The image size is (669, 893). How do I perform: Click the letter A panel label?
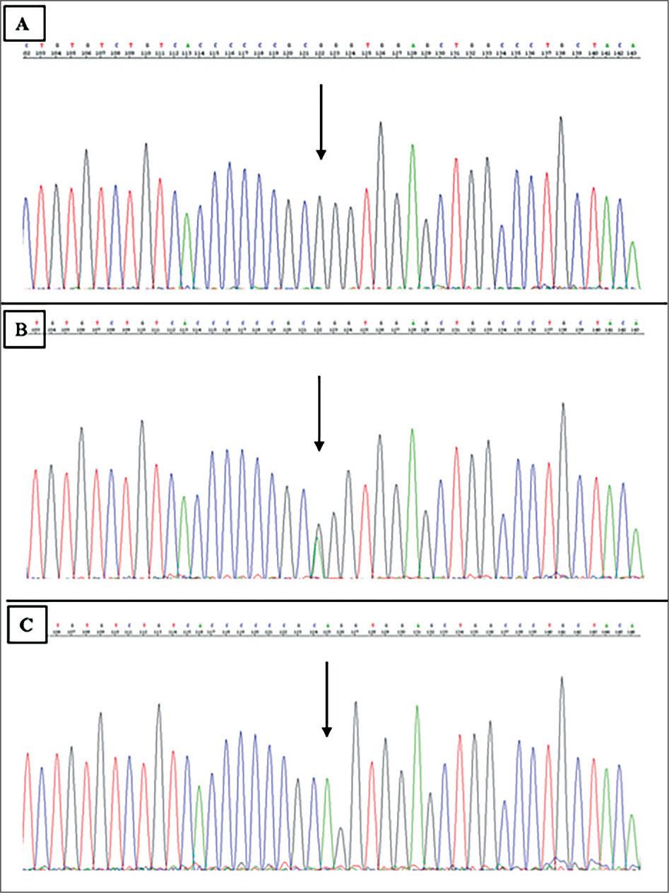coord(24,23)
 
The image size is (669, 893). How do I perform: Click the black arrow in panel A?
coord(321,121)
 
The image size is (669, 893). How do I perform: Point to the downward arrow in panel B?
coord(319,413)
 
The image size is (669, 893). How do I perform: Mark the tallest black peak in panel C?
coord(562,678)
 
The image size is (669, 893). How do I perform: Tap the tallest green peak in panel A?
coord(412,146)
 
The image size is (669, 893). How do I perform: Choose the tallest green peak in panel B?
coord(411,430)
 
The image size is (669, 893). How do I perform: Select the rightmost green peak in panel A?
coord(633,244)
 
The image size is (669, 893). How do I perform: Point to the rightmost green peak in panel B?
coord(636,531)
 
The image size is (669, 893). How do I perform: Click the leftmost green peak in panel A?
coord(187,215)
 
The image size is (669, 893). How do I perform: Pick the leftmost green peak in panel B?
coord(184,498)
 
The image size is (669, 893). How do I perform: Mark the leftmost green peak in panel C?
coord(199,787)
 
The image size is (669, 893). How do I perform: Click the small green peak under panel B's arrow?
coord(318,541)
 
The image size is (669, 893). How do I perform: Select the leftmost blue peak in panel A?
coord(26,199)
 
